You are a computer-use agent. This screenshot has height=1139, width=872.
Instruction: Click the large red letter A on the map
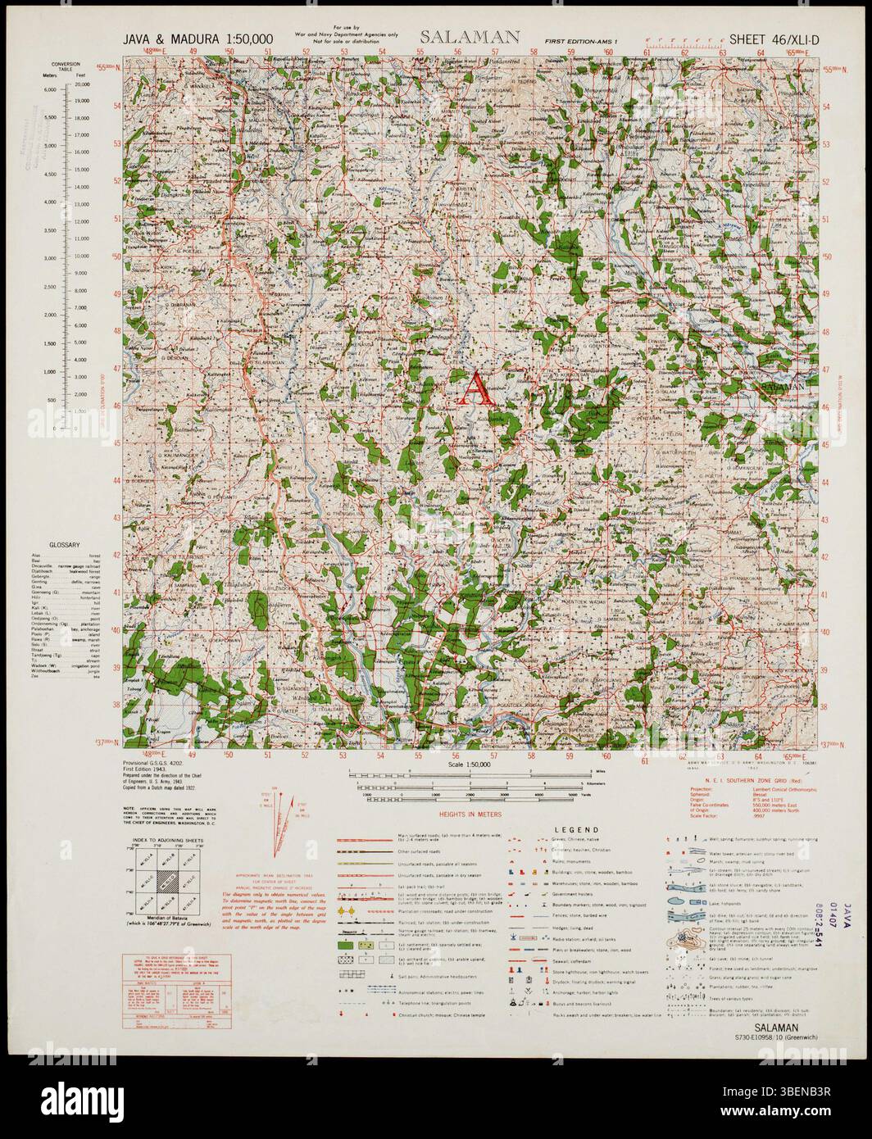476,388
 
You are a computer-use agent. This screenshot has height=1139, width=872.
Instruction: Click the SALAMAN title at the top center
470,36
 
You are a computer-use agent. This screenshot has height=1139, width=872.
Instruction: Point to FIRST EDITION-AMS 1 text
583,39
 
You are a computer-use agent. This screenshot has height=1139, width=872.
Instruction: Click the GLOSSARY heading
63,545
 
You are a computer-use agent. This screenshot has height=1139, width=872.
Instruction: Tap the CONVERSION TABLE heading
65,66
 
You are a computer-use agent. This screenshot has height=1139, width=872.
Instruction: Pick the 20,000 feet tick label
82,84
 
